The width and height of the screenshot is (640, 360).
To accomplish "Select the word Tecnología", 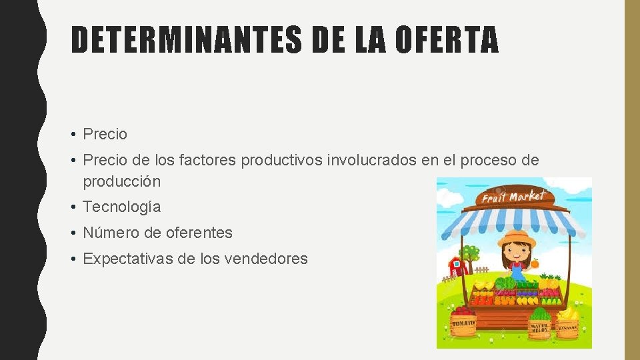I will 121,207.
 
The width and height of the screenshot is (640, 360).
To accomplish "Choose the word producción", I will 121,181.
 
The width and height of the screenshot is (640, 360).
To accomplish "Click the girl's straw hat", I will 517,238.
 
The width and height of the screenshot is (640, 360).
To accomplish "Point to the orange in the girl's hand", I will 535,264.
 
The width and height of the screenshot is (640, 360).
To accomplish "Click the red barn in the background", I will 458,265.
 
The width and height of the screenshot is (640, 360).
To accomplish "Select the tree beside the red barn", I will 471,254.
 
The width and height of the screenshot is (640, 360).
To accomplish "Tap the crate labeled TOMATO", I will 463,323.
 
